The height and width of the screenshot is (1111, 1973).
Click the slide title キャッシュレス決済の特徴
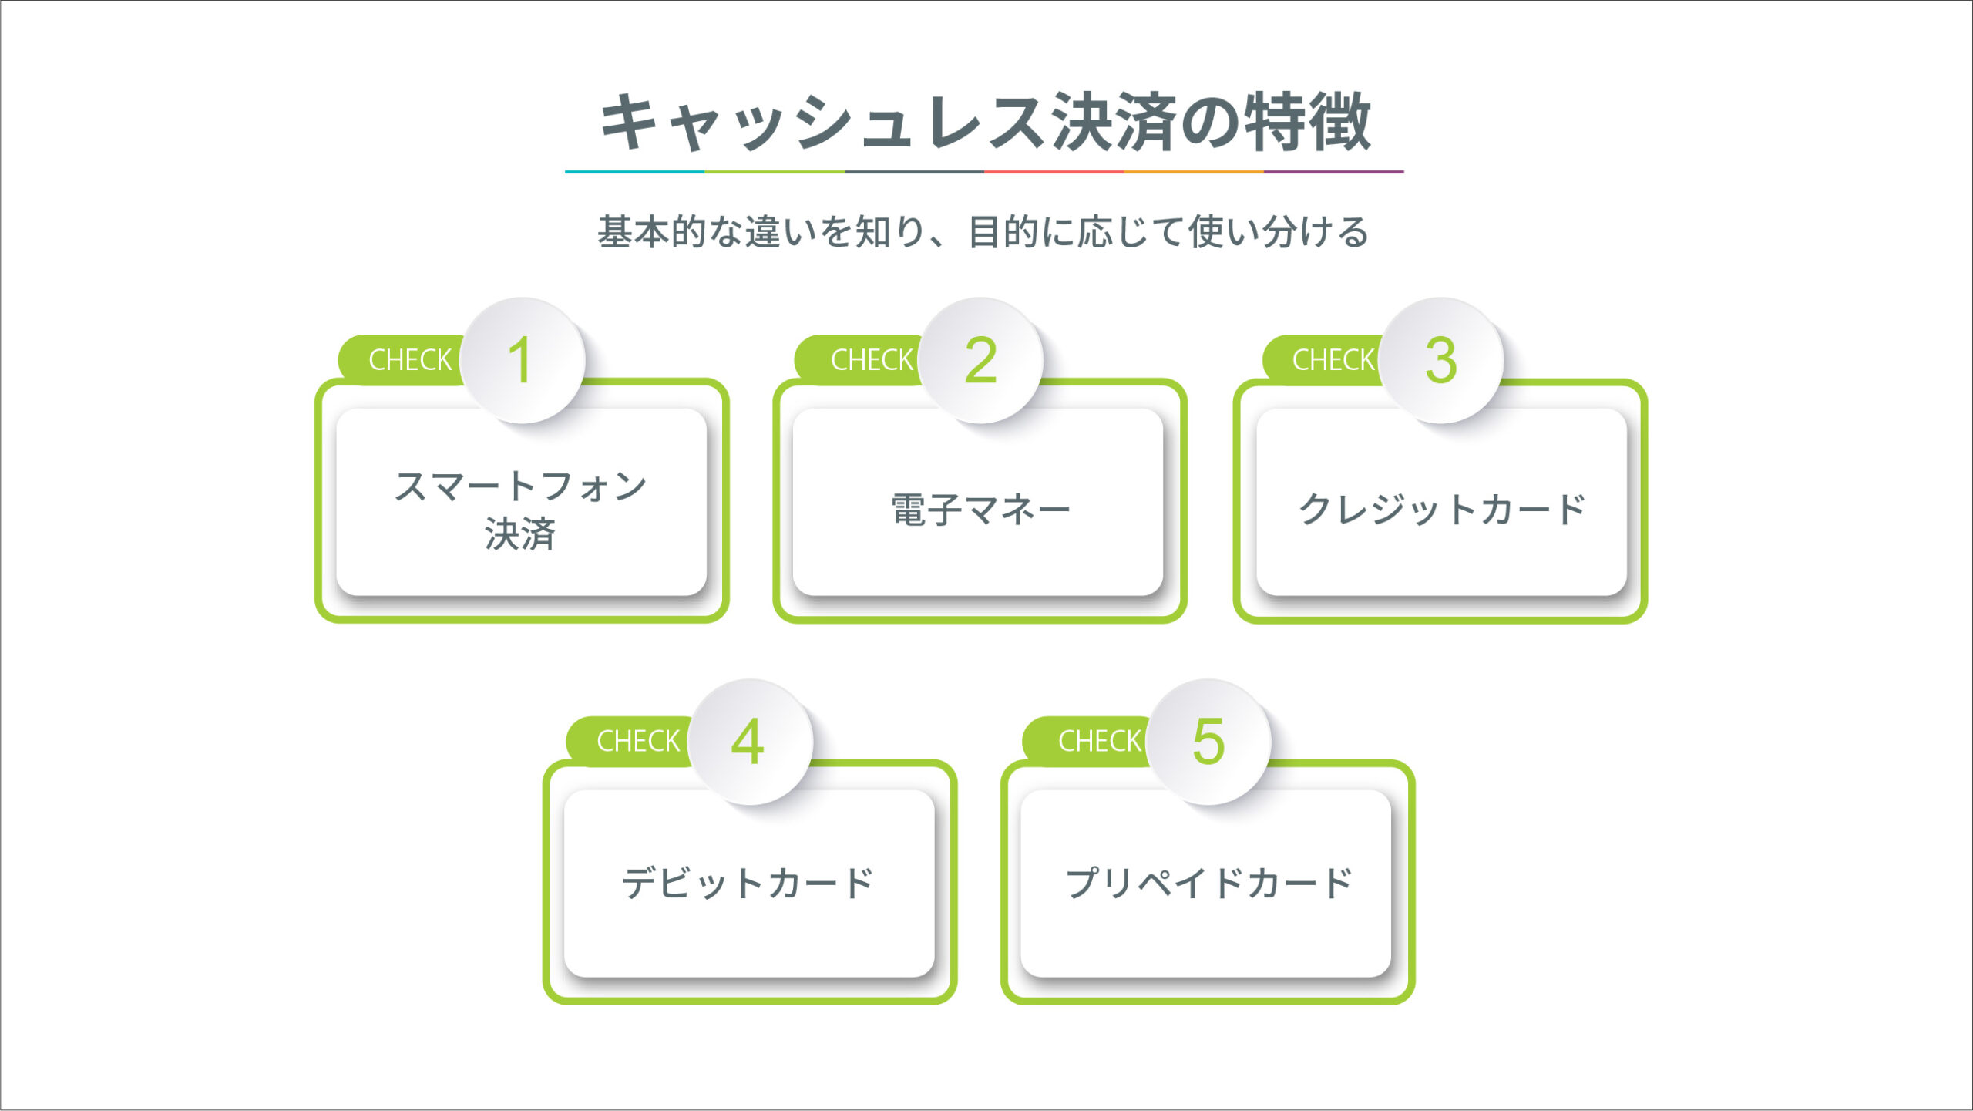(x=986, y=121)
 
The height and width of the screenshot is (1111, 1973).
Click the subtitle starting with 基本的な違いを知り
(x=983, y=232)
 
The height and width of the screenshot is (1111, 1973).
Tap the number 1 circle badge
(x=523, y=360)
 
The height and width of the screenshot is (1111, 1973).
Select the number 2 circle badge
(x=980, y=360)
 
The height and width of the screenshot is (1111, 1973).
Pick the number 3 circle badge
(x=1441, y=360)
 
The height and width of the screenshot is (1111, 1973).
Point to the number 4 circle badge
(x=750, y=742)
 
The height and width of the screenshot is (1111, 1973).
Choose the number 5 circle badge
(x=1208, y=742)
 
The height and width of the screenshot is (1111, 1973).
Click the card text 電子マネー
(x=980, y=510)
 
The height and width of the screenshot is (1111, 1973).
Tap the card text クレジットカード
(x=1441, y=510)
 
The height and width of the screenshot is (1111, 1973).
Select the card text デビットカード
(x=748, y=883)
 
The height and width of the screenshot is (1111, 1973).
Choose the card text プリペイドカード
(x=1208, y=883)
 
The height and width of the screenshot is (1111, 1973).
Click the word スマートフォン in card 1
(x=520, y=486)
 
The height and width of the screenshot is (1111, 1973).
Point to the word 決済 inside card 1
(x=520, y=534)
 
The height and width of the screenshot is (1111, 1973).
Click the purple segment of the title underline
(x=1334, y=171)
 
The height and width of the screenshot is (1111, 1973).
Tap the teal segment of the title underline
(x=634, y=171)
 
